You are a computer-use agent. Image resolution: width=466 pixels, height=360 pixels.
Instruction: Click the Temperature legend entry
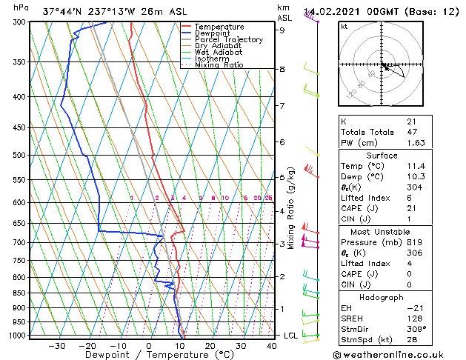coord(220,27)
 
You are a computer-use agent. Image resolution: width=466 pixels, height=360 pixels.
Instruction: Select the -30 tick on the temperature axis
coord(56,346)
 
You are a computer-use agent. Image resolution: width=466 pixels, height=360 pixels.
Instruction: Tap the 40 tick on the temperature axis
coord(272,346)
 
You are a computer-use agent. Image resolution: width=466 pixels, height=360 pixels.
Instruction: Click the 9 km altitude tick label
coord(282,30)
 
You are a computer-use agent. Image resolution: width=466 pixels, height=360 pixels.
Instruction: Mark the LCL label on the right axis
coord(290,336)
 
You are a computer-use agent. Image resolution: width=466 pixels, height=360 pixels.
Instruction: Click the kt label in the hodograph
coord(344,27)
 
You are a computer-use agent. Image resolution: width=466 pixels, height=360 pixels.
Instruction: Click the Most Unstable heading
coord(382,232)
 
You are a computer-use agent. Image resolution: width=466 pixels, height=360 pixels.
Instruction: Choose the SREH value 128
coord(413,318)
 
